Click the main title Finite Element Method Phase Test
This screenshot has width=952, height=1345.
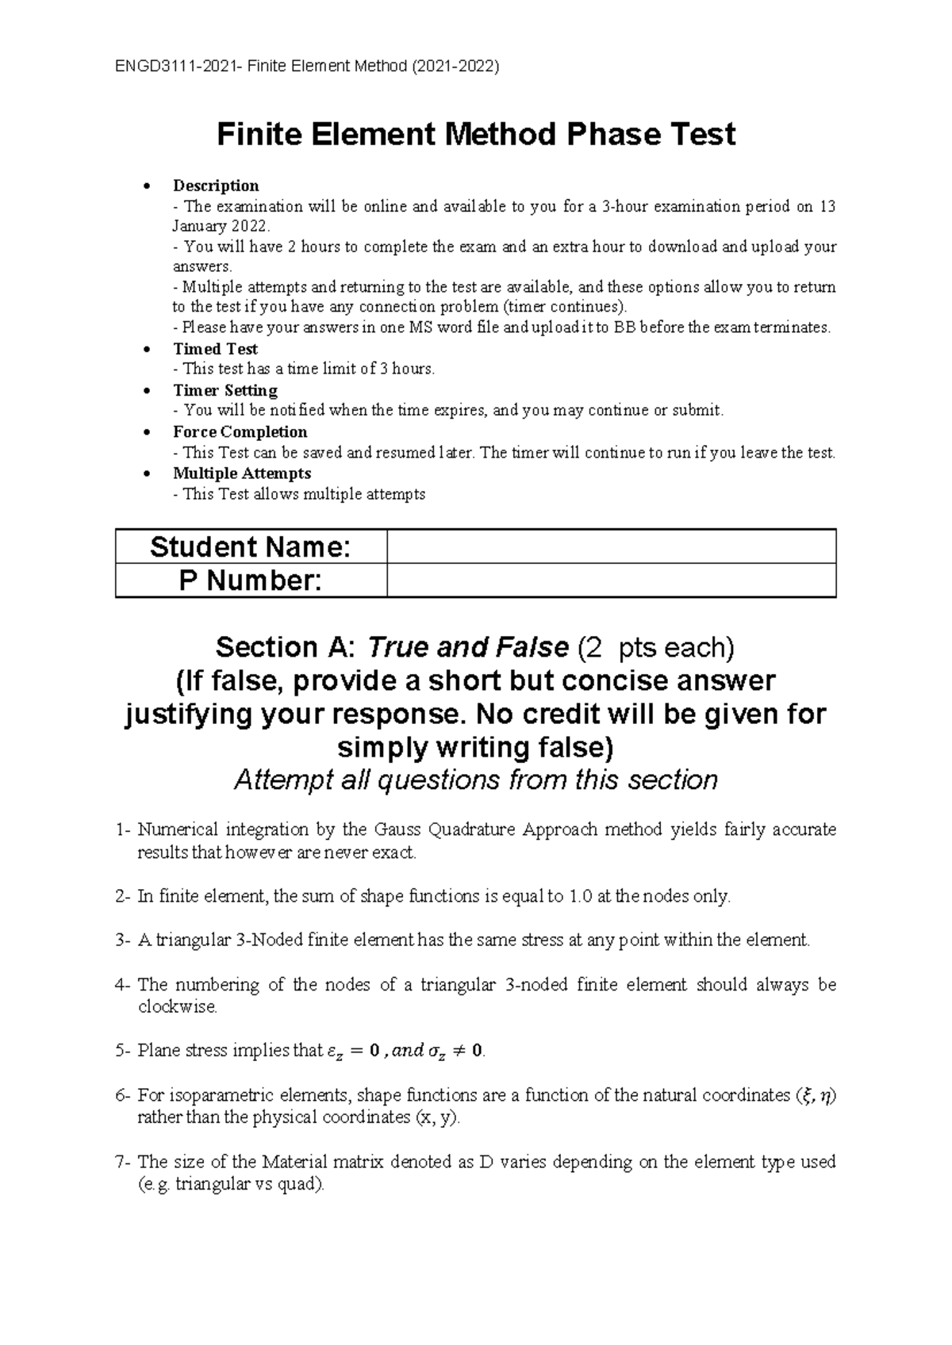pos(476,134)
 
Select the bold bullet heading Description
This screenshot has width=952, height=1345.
pos(216,186)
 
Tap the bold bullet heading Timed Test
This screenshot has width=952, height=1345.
pos(215,349)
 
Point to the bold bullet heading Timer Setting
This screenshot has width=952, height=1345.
pos(225,390)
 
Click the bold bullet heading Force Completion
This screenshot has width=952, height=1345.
pos(240,431)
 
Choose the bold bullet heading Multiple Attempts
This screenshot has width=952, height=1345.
pos(242,473)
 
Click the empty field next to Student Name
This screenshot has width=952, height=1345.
pos(611,547)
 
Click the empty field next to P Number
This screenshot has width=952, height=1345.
pos(611,581)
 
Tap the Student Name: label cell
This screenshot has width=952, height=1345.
pos(251,547)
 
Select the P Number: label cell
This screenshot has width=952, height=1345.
pos(251,581)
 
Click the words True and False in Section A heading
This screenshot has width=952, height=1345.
pos(467,648)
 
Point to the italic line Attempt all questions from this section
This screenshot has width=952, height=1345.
pos(476,780)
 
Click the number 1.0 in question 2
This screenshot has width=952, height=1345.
pos(579,897)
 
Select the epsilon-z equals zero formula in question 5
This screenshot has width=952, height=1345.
pos(355,1052)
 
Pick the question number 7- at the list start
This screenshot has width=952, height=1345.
pos(123,1162)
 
